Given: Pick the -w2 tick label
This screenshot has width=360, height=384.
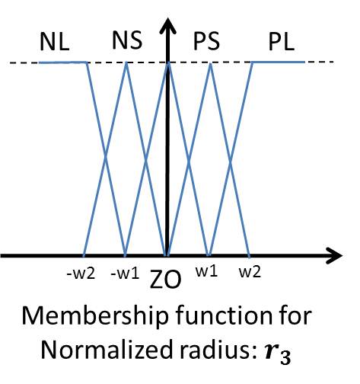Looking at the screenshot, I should click(85, 271).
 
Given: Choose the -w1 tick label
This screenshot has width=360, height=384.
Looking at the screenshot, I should click(124, 271).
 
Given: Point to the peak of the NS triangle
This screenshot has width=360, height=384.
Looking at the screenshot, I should click(126, 62).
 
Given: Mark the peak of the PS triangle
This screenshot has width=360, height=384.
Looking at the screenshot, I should click(209, 62).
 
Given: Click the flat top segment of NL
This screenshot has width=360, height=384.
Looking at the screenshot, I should click(62, 62).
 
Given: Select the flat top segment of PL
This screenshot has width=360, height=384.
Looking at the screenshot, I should click(278, 62).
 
